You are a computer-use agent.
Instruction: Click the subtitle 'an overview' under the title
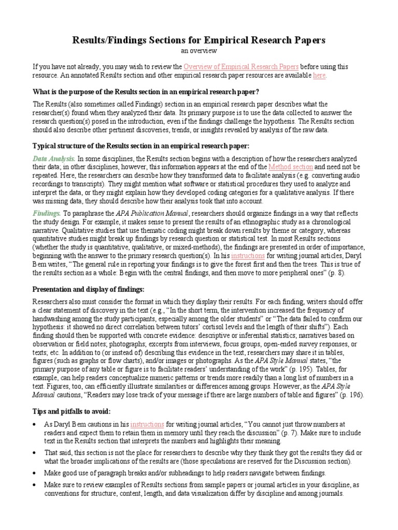click(198, 51)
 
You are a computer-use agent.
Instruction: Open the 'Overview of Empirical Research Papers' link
click(241, 67)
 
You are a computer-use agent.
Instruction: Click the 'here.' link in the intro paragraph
click(320, 76)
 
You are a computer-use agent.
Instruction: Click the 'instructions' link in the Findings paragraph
click(248, 255)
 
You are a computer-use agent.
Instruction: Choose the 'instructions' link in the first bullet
click(148, 423)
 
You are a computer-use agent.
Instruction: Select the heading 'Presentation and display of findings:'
click(89, 289)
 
